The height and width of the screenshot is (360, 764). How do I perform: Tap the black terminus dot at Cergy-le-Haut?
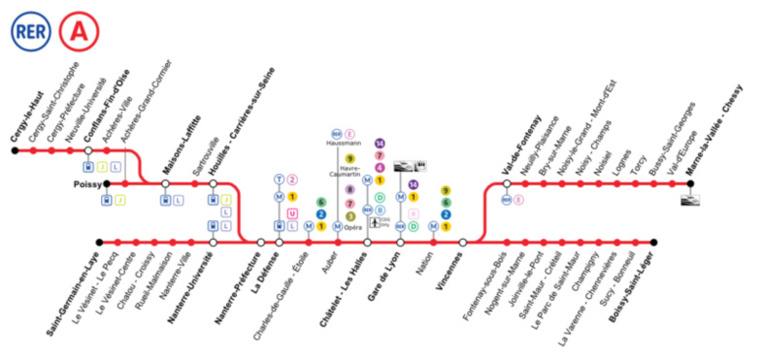coord(14,151)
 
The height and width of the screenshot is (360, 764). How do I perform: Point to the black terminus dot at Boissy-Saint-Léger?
coord(653,242)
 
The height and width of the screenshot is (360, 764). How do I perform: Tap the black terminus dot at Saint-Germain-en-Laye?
coord(99,242)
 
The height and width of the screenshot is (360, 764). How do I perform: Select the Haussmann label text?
coord(343,144)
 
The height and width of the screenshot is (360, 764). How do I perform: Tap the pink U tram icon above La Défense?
coord(292,212)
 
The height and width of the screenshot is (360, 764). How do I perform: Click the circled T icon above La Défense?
coord(279,179)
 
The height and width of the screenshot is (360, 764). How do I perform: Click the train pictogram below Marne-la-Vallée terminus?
coord(689,200)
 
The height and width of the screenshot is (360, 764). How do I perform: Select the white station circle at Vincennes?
coord(462,242)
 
